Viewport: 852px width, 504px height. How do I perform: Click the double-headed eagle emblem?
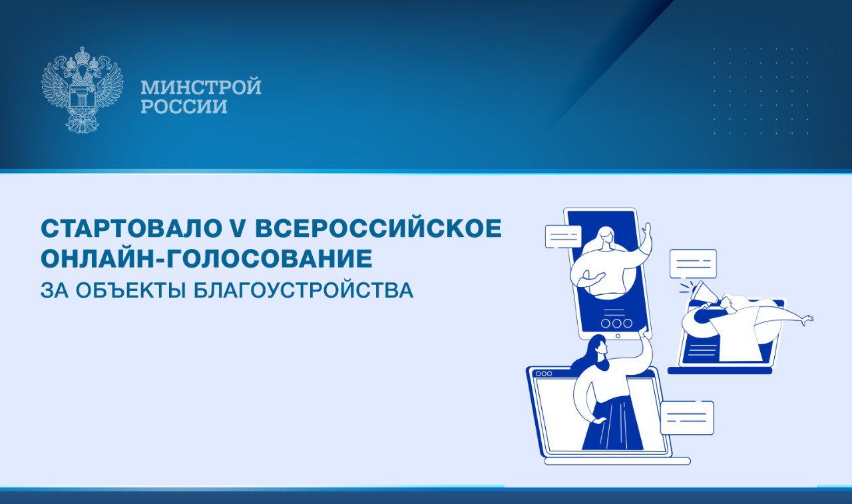82,90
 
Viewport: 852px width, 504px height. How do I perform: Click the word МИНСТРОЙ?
201,87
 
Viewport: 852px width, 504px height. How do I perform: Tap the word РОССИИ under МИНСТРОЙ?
184,107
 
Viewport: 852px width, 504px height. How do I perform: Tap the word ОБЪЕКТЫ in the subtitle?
131,290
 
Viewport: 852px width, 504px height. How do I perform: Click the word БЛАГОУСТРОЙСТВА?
304,290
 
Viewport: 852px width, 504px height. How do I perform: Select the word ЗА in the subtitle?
55,290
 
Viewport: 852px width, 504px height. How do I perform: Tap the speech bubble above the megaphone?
693,264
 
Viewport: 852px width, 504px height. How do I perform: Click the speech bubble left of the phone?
563,236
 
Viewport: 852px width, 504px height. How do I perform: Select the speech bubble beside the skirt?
687,417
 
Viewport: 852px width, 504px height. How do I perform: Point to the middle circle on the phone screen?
616,324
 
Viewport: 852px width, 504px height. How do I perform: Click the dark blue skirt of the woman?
613,423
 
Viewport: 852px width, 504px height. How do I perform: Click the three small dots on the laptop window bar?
544,374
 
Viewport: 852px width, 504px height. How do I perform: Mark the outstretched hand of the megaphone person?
806,320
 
